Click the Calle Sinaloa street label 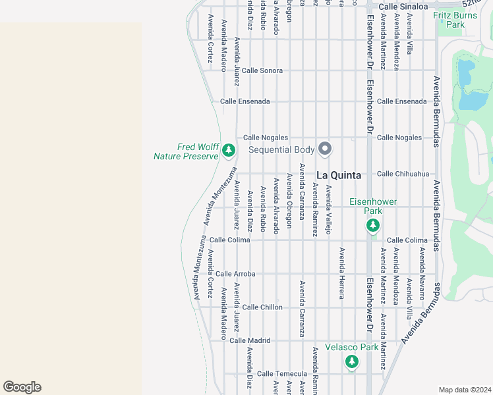click(x=405, y=6)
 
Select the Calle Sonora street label click(x=262, y=70)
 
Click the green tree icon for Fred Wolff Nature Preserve click(x=229, y=151)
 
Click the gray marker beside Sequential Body click(x=324, y=149)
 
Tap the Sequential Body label click(x=282, y=150)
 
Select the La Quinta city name click(x=339, y=175)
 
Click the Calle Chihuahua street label click(x=403, y=174)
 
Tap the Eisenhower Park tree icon click(x=373, y=226)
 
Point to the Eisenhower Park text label click(x=366, y=206)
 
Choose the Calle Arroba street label click(x=235, y=273)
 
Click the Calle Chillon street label click(x=262, y=307)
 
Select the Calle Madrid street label click(x=250, y=340)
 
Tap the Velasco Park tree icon click(x=352, y=361)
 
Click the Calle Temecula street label click(x=282, y=374)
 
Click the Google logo click(x=22, y=387)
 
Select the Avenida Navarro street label click(x=422, y=270)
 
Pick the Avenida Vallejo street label click(x=328, y=210)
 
